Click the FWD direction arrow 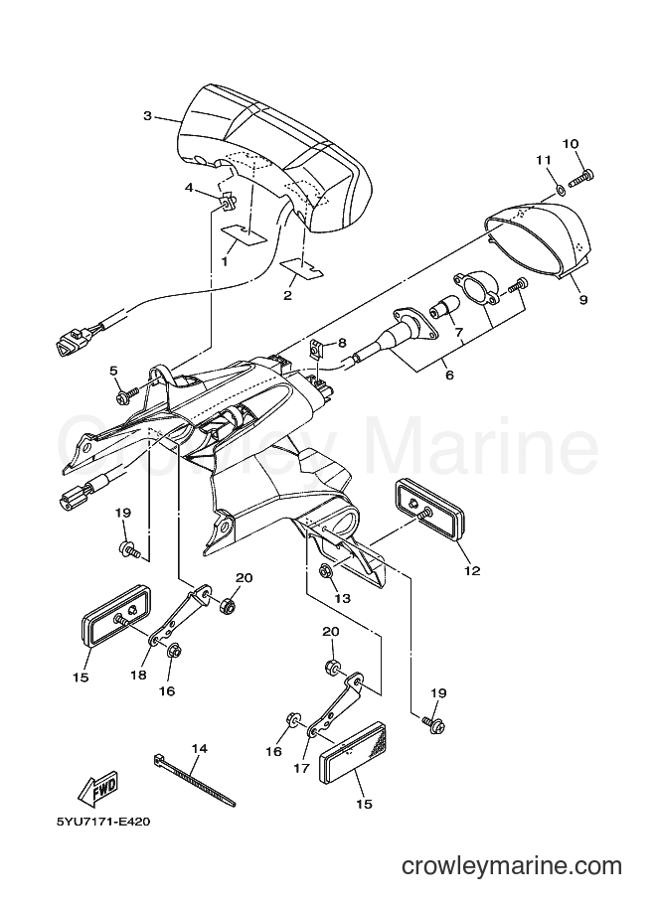tap(98, 788)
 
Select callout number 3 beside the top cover tap(148, 116)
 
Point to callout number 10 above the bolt tap(571, 143)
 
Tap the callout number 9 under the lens tap(583, 300)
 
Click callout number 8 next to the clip tap(342, 343)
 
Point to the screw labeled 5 tap(128, 394)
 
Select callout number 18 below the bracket tap(138, 675)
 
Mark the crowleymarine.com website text tap(512, 866)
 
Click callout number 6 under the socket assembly tap(449, 375)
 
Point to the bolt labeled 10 tap(581, 177)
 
